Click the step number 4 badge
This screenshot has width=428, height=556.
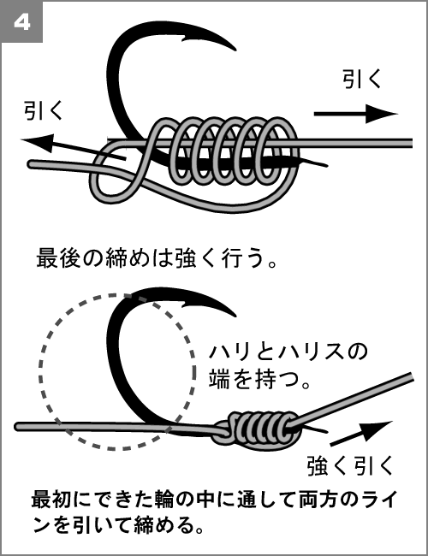[22, 22]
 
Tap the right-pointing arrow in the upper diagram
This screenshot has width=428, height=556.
[355, 114]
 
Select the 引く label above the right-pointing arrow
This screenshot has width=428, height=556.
[362, 79]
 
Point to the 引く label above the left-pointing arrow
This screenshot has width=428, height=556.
[43, 110]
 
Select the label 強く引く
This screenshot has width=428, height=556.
[350, 466]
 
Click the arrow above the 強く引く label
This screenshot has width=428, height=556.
[361, 433]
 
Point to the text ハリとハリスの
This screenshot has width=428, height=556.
[288, 352]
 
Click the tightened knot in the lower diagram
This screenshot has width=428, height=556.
[258, 430]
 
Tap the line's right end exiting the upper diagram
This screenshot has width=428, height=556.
[410, 143]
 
